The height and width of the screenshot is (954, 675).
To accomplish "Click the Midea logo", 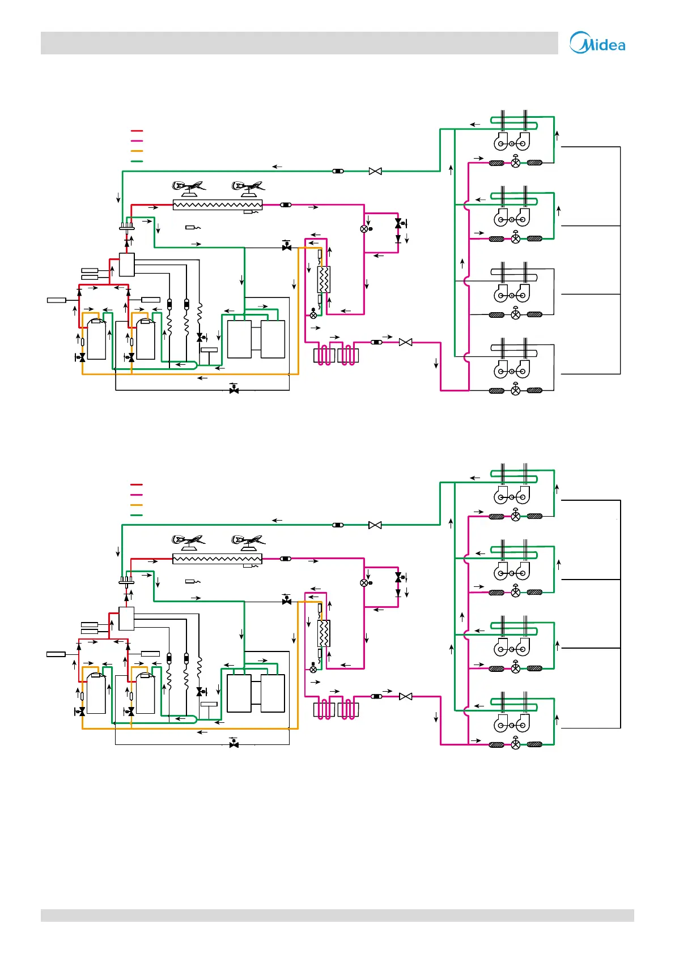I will (x=597, y=43).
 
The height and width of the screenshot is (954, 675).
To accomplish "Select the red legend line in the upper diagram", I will (x=137, y=131).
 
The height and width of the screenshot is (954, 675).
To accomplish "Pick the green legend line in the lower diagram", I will (x=137, y=515).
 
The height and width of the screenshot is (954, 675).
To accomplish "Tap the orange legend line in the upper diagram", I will (x=137, y=151).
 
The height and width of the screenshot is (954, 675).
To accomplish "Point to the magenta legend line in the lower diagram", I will (x=137, y=495).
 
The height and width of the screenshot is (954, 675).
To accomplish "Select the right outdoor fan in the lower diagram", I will (x=248, y=540).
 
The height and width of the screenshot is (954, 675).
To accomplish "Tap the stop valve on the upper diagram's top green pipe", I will (x=375, y=171).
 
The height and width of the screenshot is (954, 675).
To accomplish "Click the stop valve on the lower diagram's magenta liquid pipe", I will (x=406, y=696).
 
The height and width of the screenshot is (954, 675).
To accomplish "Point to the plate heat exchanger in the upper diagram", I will (x=324, y=279).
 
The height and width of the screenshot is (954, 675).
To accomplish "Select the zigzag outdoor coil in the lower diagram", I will (x=217, y=559).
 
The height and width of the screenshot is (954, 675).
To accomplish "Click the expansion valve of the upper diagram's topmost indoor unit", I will (x=515, y=163).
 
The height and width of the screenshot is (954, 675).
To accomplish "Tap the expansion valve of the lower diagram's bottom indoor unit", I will (x=515, y=744).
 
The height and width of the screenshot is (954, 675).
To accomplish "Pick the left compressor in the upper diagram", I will (x=96, y=339).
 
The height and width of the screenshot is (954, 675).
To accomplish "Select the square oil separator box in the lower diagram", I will (x=126, y=619).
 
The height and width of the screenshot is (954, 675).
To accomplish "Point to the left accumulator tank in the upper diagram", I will (x=239, y=339).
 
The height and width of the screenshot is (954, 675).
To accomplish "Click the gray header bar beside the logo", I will (x=299, y=43).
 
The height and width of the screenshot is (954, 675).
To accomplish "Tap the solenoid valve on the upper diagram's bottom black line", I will (x=234, y=390).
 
